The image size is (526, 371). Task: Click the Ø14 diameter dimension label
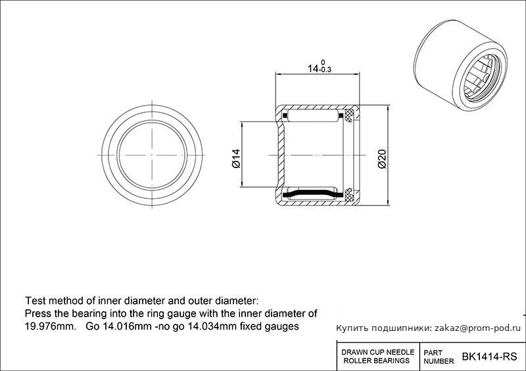236,158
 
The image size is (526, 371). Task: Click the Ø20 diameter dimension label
382,158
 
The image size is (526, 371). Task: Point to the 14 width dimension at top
313,69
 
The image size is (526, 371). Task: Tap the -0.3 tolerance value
325,70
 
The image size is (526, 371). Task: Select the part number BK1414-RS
489,357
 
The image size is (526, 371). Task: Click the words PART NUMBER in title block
439,357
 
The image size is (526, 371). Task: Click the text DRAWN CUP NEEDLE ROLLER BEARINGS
377,357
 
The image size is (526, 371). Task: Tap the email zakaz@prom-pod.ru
478,328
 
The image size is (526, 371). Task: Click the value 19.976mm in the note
51,326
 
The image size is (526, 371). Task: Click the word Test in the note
34,301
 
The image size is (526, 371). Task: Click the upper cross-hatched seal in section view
349,116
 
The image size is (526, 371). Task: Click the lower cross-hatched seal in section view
349,195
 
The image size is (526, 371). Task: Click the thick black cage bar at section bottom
313,194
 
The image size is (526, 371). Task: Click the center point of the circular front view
152,155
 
